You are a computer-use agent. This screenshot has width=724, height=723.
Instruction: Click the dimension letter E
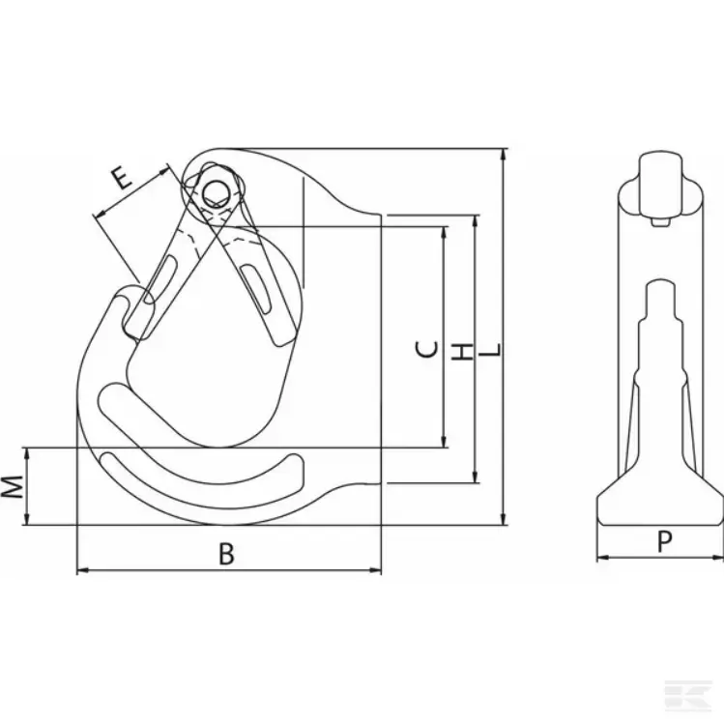coord(121,179)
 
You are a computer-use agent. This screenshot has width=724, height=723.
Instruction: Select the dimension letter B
coord(226,554)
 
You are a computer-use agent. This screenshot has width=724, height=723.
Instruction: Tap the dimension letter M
coord(12,486)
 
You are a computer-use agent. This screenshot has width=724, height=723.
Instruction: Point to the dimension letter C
coord(426,350)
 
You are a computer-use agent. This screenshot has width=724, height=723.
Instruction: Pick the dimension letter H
coord(463,352)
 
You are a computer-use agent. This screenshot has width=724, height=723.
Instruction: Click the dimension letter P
coord(664,541)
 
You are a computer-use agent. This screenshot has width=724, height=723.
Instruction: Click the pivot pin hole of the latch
coord(216,193)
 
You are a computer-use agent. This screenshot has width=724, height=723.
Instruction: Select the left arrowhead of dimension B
coord(82,570)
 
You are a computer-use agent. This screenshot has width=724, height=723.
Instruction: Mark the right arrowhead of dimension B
coord(376,570)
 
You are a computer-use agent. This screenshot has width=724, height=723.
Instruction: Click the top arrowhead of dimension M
coord(27,453)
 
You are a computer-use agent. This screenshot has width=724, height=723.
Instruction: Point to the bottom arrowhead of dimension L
coord(504,519)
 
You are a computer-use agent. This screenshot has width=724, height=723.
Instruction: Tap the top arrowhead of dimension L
coord(504,155)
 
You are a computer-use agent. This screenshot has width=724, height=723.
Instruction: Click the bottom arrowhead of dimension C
coord(445,443)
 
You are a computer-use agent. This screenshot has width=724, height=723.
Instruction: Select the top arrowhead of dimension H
coord(476,220)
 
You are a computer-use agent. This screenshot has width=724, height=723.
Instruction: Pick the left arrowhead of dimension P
coord(602,558)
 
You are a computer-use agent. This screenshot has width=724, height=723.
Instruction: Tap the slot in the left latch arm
coord(160,279)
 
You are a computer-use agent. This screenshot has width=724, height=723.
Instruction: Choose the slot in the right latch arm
coord(256,289)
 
